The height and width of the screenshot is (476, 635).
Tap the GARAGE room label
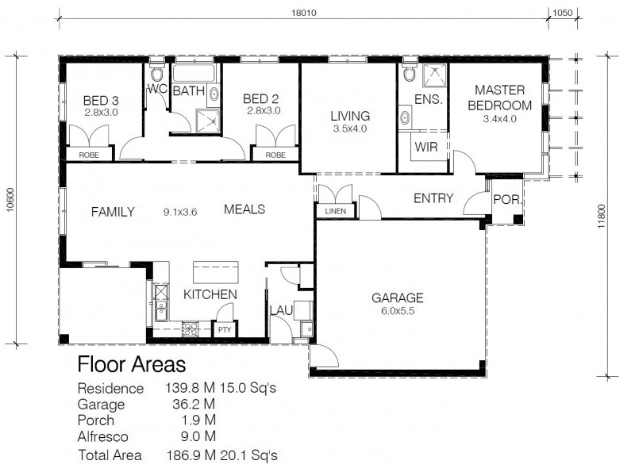click(398, 298)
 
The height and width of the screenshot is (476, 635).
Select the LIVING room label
click(350, 116)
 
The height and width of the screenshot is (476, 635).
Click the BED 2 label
click(261, 98)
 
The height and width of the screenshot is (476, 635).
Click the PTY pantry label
click(225, 328)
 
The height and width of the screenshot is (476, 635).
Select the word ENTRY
click(433, 198)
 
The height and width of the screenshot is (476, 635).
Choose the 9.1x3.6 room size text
click(179, 212)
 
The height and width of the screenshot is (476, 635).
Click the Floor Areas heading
click(131, 365)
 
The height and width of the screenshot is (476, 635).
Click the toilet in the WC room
click(156, 75)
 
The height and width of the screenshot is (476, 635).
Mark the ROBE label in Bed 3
click(89, 155)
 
